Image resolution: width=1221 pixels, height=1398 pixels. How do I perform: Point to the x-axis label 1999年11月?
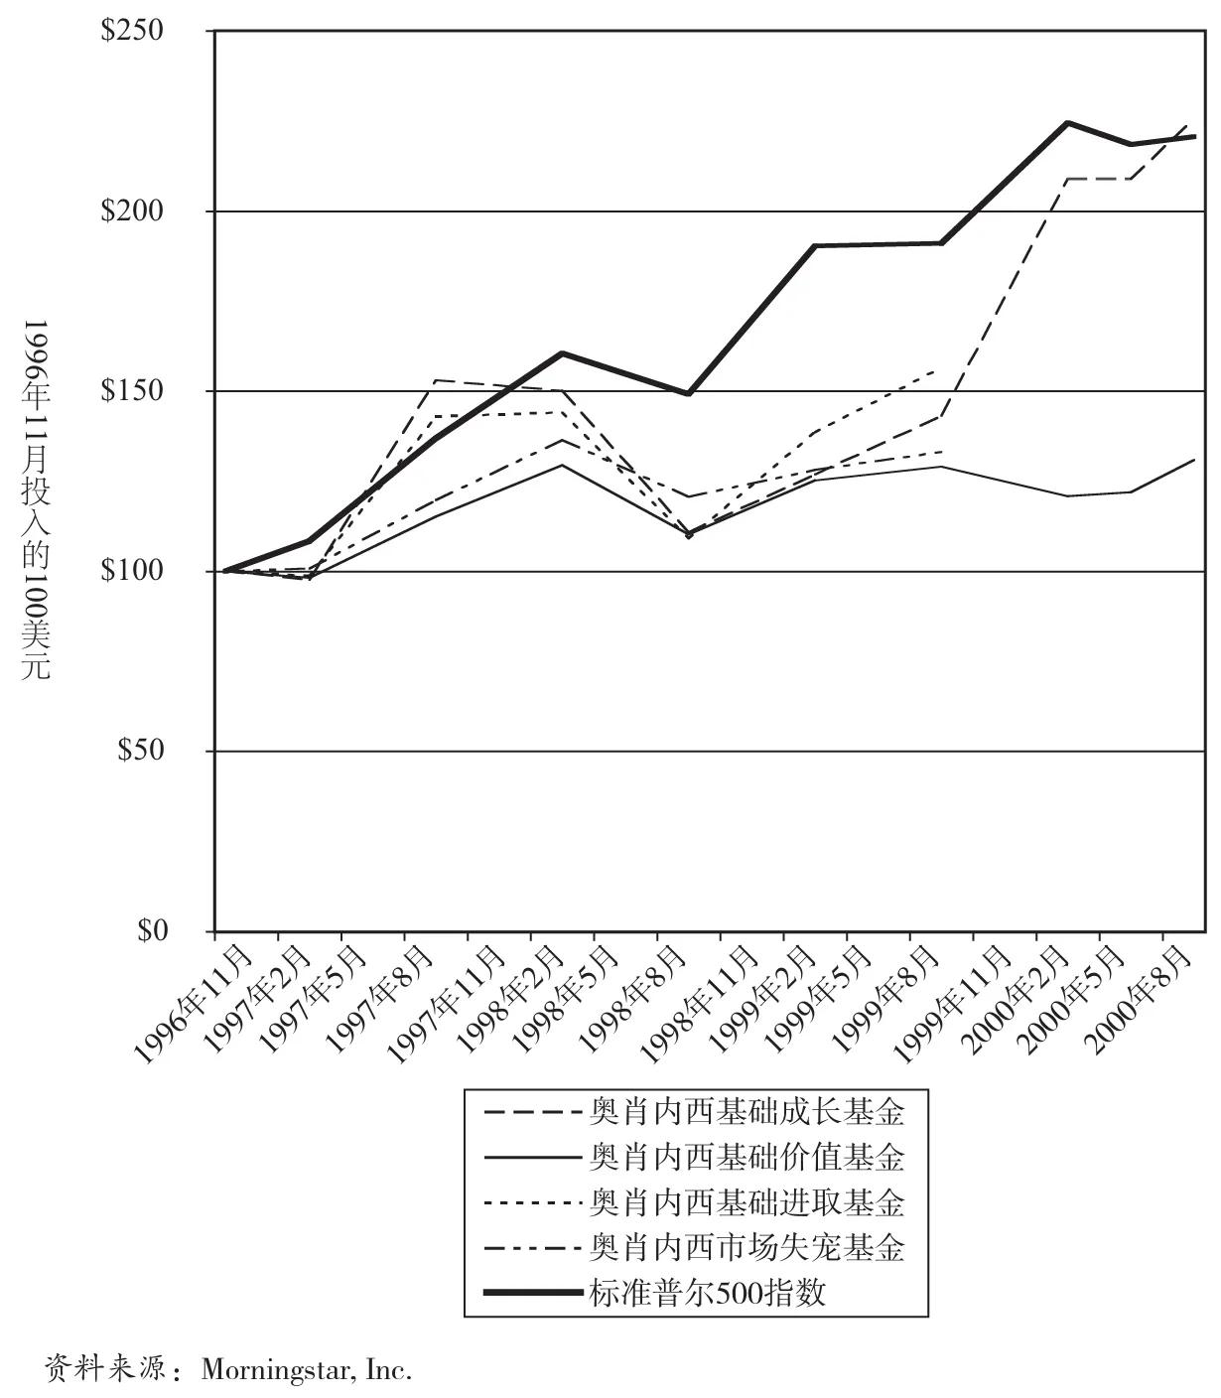click(x=951, y=1003)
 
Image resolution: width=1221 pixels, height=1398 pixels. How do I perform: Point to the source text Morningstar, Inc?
click(x=306, y=1371)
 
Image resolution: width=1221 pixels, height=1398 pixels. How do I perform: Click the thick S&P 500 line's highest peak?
click(x=1067, y=123)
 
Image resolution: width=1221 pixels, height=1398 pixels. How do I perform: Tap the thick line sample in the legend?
click(x=533, y=1293)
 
